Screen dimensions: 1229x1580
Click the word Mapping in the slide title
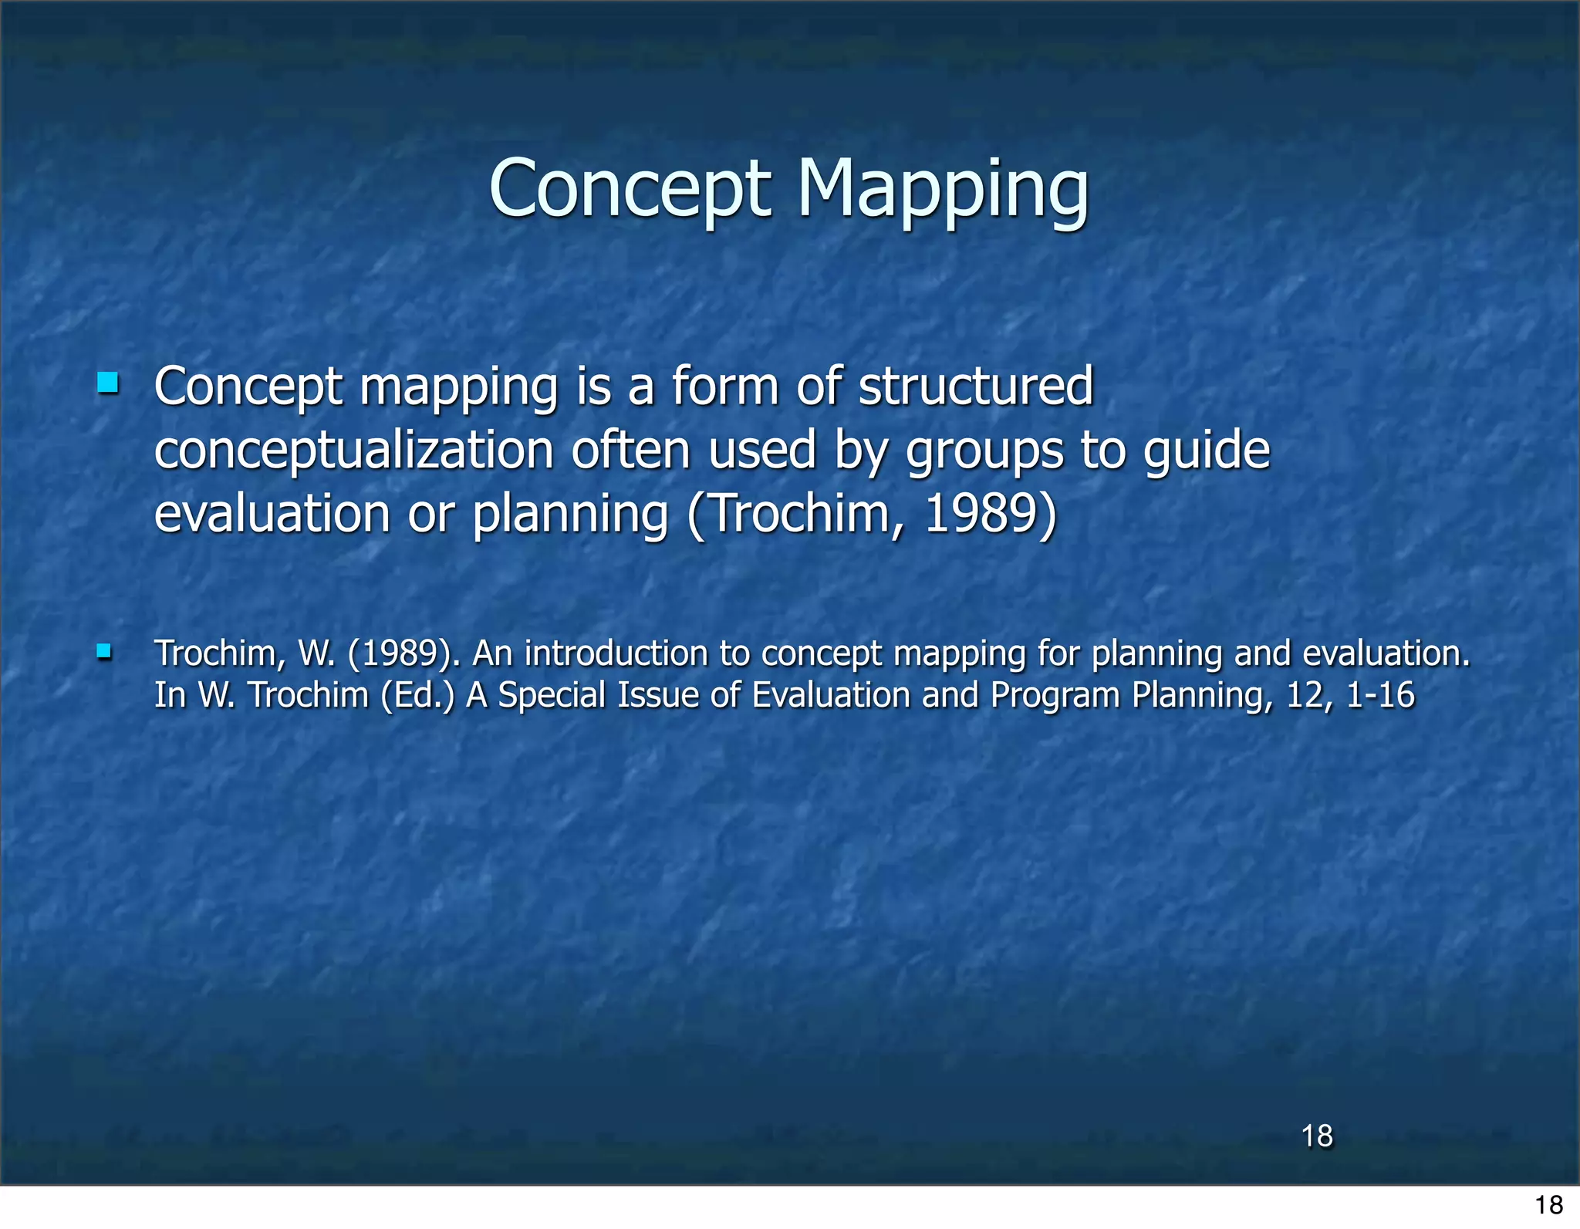[x=942, y=190]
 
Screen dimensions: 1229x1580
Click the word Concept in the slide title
[x=630, y=190]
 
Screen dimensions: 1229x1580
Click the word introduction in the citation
[x=616, y=653]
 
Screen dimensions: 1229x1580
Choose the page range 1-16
[x=1380, y=695]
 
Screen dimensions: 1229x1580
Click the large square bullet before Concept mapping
[x=108, y=383]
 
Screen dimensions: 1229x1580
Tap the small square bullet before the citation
[x=104, y=653]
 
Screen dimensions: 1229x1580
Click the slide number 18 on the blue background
[x=1317, y=1136]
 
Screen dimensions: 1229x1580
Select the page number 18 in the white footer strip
[x=1548, y=1204]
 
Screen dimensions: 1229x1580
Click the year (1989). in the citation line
[x=404, y=653]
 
